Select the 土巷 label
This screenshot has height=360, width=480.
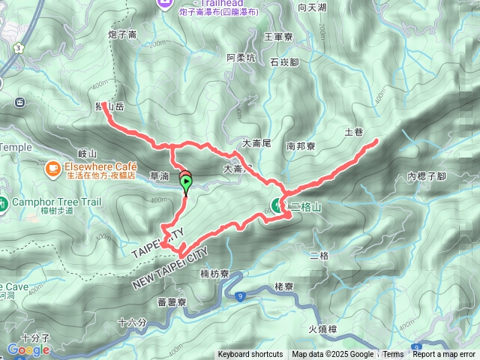tap(353, 132)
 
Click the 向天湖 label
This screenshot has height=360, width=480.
tap(312, 7)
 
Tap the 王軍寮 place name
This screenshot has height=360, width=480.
tap(277, 35)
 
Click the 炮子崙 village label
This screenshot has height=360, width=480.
tap(122, 34)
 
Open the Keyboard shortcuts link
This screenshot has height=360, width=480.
tap(250, 355)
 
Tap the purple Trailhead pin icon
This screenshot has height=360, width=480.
tap(166, 4)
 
